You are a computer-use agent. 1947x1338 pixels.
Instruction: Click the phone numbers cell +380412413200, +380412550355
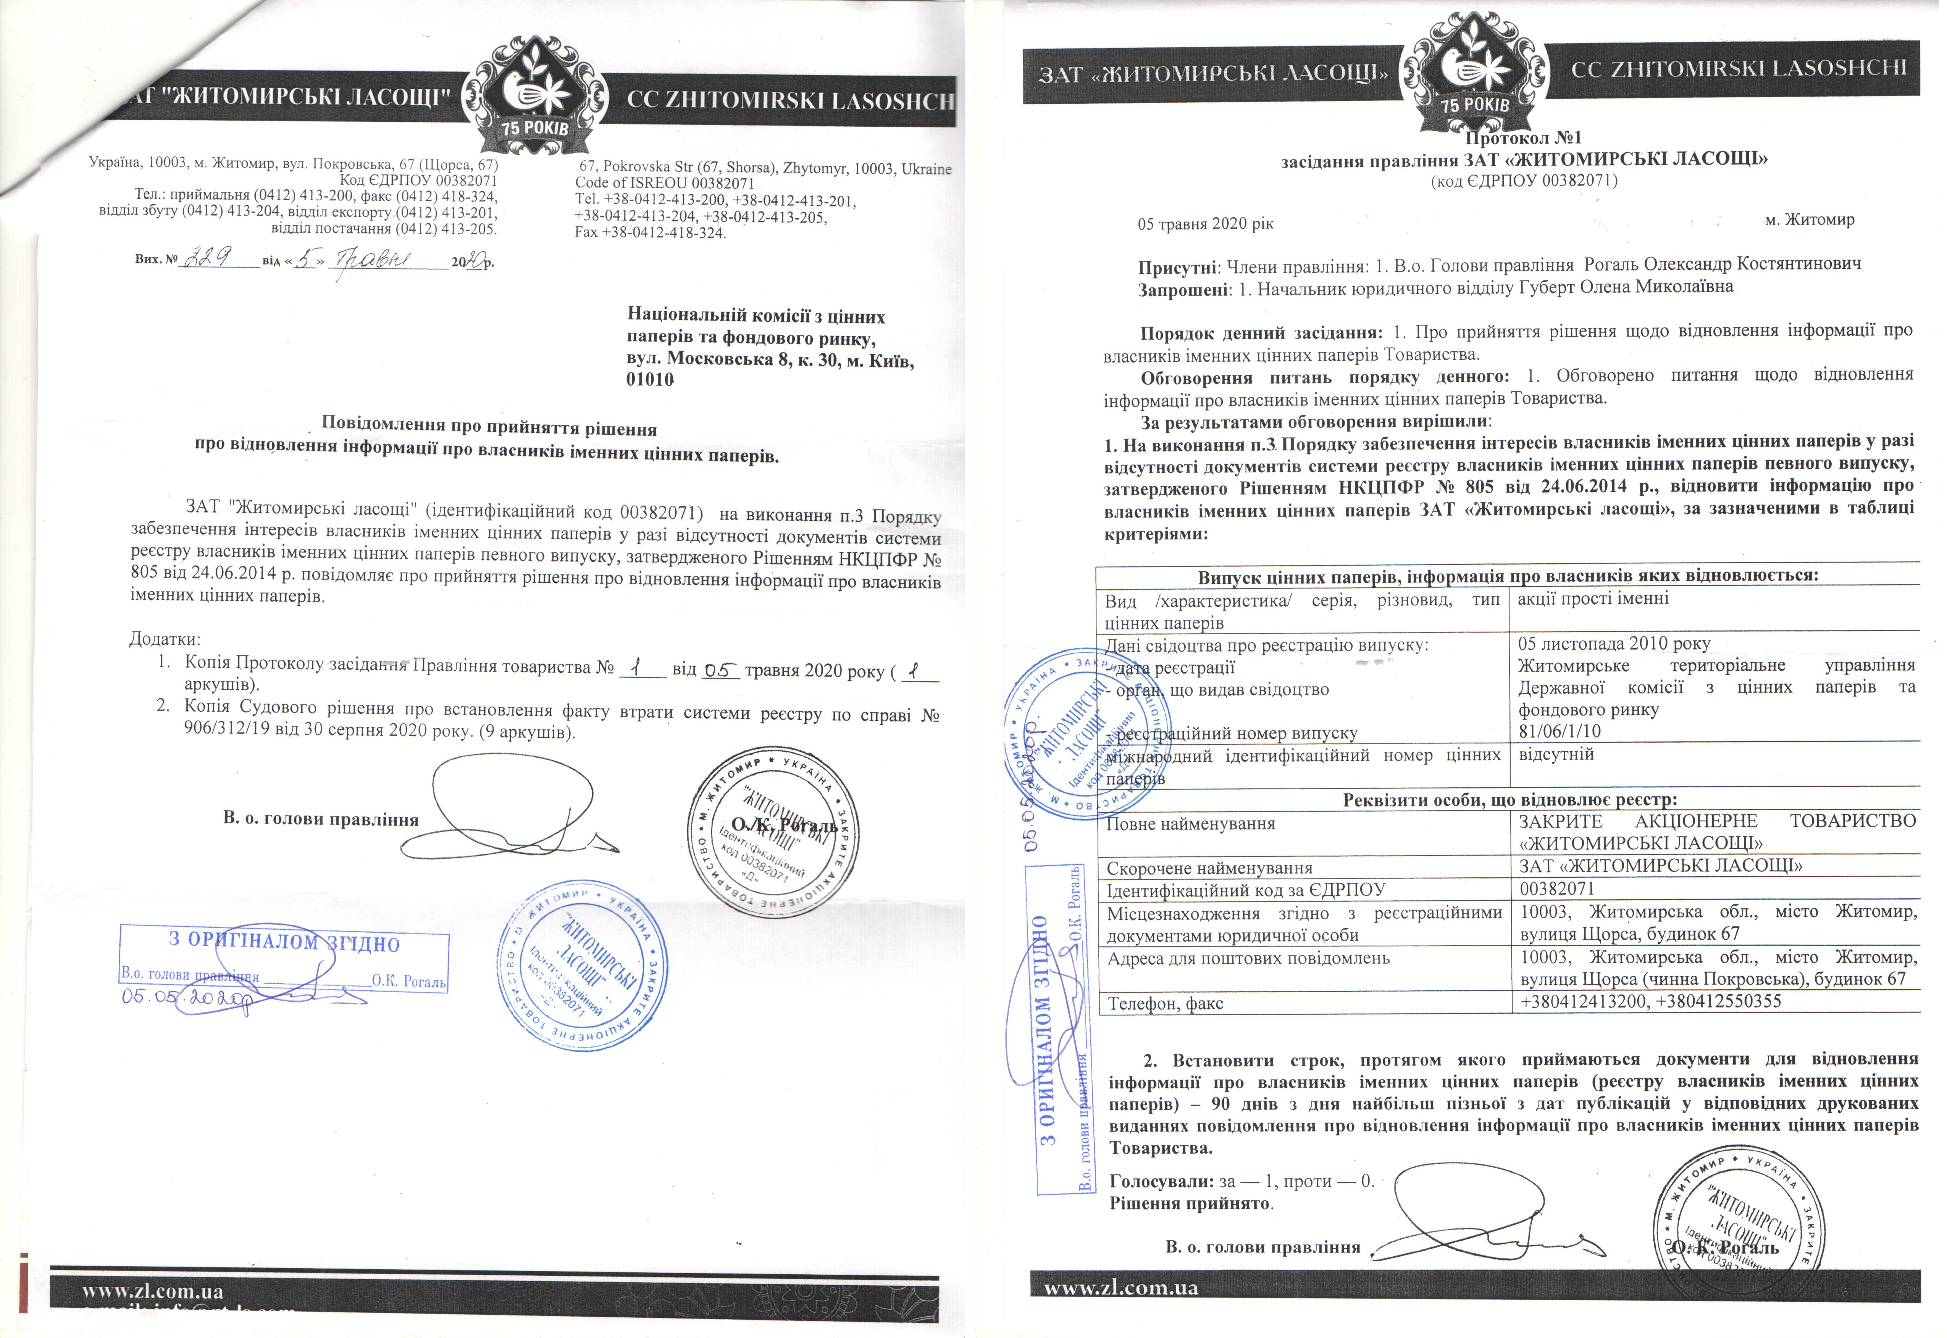[x=1650, y=1001]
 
